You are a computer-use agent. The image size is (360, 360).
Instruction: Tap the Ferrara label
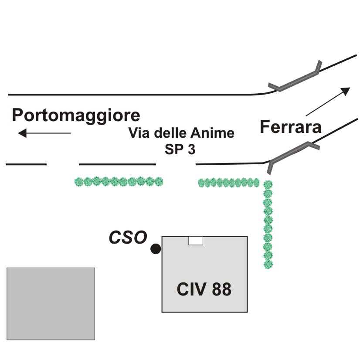290,127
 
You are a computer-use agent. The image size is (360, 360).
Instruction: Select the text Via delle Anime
181,132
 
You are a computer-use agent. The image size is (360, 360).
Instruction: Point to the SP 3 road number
180,149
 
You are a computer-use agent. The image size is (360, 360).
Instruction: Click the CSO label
128,237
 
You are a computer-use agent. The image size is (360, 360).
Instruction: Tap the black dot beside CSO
156,249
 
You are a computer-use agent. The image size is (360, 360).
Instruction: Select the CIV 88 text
204,289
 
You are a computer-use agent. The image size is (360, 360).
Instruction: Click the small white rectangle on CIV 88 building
196,241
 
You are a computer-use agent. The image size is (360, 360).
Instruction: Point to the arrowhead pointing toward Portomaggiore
22,133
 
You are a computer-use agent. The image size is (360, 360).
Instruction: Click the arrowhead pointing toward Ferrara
346,91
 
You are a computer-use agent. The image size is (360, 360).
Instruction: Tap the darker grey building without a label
51,303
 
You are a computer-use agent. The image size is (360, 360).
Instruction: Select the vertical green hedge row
268,224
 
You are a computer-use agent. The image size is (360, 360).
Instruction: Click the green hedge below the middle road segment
119,182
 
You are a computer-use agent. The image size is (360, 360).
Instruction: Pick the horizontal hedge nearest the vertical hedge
229,183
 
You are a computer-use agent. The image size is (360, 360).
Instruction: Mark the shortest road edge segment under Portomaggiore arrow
26,164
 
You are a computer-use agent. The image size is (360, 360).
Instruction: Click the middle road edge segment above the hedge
118,164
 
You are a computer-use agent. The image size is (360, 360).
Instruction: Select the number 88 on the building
221,289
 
